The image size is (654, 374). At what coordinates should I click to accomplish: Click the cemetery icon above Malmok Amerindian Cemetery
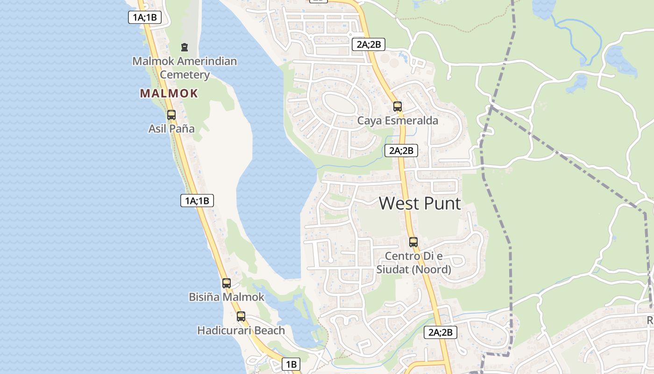tap(185, 47)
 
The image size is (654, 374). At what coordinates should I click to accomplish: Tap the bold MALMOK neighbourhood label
tap(169, 93)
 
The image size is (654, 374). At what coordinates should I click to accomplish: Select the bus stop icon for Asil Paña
tap(171, 115)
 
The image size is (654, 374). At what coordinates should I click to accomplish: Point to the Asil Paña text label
tap(171, 129)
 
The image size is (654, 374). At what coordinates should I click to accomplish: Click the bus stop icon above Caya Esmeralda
tap(398, 106)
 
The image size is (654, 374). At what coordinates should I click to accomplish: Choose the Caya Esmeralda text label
tap(398, 121)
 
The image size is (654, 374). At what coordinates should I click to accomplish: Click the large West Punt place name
tap(419, 203)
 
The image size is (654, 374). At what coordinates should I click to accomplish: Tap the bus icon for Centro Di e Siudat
tap(413, 242)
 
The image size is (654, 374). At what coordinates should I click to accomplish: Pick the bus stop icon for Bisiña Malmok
tap(227, 283)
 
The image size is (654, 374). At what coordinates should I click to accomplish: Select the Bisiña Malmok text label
tap(227, 297)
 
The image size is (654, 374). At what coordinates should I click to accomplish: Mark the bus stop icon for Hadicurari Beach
tap(241, 316)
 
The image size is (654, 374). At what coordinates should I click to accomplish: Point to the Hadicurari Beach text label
tap(241, 331)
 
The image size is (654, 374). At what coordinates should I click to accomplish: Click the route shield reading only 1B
tap(291, 364)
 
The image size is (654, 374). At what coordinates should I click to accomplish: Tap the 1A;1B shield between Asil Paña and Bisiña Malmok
tap(197, 201)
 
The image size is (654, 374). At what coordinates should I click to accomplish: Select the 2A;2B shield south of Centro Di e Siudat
tap(440, 332)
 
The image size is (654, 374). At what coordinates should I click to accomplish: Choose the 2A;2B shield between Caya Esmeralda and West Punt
tap(401, 151)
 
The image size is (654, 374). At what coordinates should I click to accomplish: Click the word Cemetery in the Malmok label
tap(185, 75)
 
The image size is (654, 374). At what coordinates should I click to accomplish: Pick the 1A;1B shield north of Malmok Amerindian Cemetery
tap(145, 18)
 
